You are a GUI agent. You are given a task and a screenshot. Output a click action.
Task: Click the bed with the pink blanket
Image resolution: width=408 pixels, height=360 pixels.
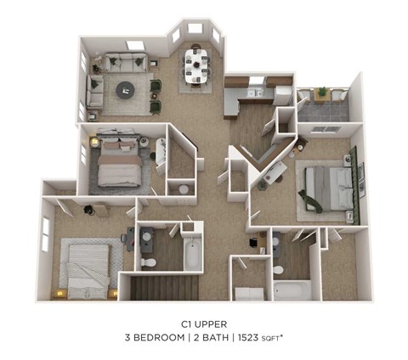pos(118,162)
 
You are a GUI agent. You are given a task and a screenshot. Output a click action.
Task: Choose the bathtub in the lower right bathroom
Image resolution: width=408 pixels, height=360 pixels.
pos(292,290)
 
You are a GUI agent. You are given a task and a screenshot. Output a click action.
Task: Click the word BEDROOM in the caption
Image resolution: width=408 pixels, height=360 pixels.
pos(167,337)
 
